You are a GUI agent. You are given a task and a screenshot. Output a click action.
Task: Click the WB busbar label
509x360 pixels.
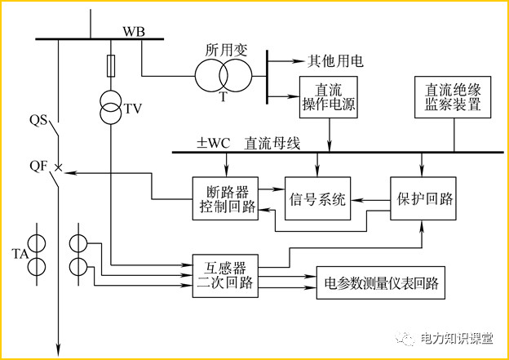coord(134,30)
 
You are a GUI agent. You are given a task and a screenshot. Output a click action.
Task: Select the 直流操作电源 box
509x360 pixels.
coord(330,96)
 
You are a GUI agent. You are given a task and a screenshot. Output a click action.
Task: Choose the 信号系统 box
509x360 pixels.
coord(317,198)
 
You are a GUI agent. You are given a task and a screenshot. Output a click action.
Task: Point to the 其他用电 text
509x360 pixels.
coord(335,61)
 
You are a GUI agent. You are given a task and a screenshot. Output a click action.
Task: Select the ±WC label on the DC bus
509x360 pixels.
coord(213,144)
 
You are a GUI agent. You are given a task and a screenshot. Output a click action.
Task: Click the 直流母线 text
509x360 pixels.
coord(272,144)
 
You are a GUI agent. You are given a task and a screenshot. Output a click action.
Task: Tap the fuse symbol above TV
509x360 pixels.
coord(110,64)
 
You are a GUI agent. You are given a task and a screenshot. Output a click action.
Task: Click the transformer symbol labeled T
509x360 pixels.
coord(222,77)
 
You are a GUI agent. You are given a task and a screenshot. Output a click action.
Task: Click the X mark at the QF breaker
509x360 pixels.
coord(58,169)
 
